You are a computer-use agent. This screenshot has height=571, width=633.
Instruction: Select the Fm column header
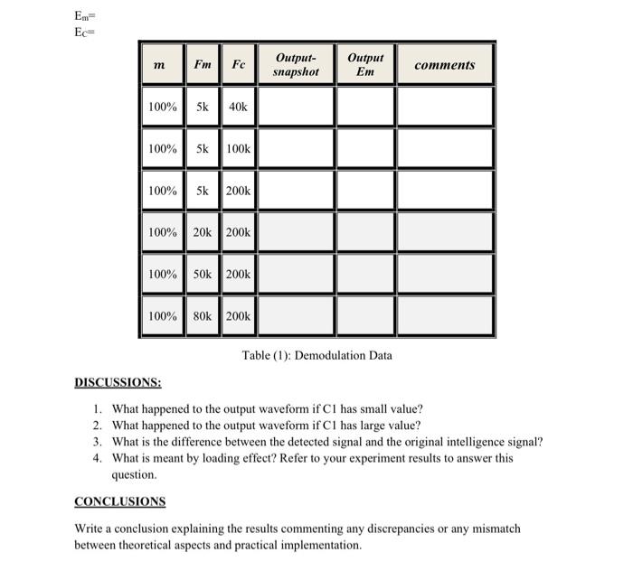coord(203,64)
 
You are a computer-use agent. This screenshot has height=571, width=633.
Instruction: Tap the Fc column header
coord(238,64)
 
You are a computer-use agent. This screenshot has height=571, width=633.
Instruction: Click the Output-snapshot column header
coord(296,64)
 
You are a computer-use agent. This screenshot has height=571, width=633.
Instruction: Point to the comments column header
coord(444,64)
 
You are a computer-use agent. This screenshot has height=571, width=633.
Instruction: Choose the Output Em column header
coord(364,64)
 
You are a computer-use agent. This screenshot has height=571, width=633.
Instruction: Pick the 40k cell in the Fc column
coord(238,107)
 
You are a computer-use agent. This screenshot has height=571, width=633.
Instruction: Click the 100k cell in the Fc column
coord(238,148)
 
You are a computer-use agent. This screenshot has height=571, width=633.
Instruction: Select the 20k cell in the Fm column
coord(203,232)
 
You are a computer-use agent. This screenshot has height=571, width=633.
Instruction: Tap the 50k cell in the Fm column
coord(203,274)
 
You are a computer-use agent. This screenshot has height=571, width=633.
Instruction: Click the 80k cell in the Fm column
coord(203,315)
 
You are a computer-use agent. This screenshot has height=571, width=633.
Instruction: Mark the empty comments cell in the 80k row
coord(446,315)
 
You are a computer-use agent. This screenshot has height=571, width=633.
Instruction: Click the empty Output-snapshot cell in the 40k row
coord(296,107)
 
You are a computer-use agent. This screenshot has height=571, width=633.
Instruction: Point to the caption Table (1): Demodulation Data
coord(316,355)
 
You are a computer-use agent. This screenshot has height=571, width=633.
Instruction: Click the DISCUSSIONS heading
coord(118,383)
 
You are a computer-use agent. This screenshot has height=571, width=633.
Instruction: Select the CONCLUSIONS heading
coord(119,501)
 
